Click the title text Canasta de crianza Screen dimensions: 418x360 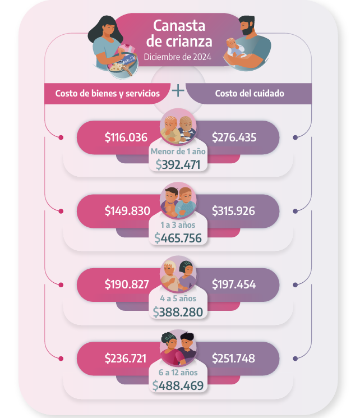[179, 33]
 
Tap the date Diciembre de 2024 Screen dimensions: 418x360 [178, 57]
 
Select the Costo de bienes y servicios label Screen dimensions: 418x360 [107, 93]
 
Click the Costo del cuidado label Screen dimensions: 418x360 [249, 93]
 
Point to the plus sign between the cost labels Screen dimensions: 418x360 [178, 90]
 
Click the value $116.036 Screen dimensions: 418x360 [126, 137]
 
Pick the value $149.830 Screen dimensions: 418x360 [127, 211]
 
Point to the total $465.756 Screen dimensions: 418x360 [178, 237]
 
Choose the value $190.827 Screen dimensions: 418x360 [127, 284]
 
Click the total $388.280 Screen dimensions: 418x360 [178, 312]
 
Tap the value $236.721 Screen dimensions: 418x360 [127, 358]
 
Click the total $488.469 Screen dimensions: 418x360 [178, 385]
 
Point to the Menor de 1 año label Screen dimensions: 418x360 [178, 151]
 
